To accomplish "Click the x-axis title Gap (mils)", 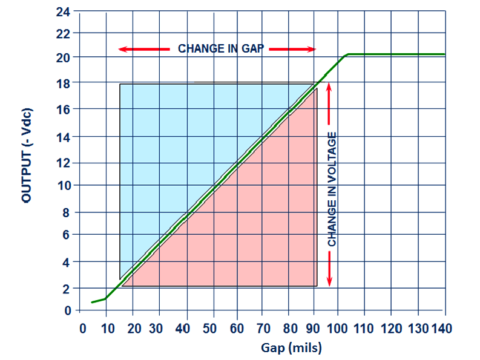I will pyautogui.click(x=291, y=348).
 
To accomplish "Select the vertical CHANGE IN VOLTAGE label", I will pyautogui.click(x=332, y=189).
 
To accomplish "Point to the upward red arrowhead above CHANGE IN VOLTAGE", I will pyautogui.click(x=329, y=86).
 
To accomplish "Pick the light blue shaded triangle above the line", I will pyautogui.click(x=176, y=133).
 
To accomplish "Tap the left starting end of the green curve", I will pyautogui.click(x=93, y=302).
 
